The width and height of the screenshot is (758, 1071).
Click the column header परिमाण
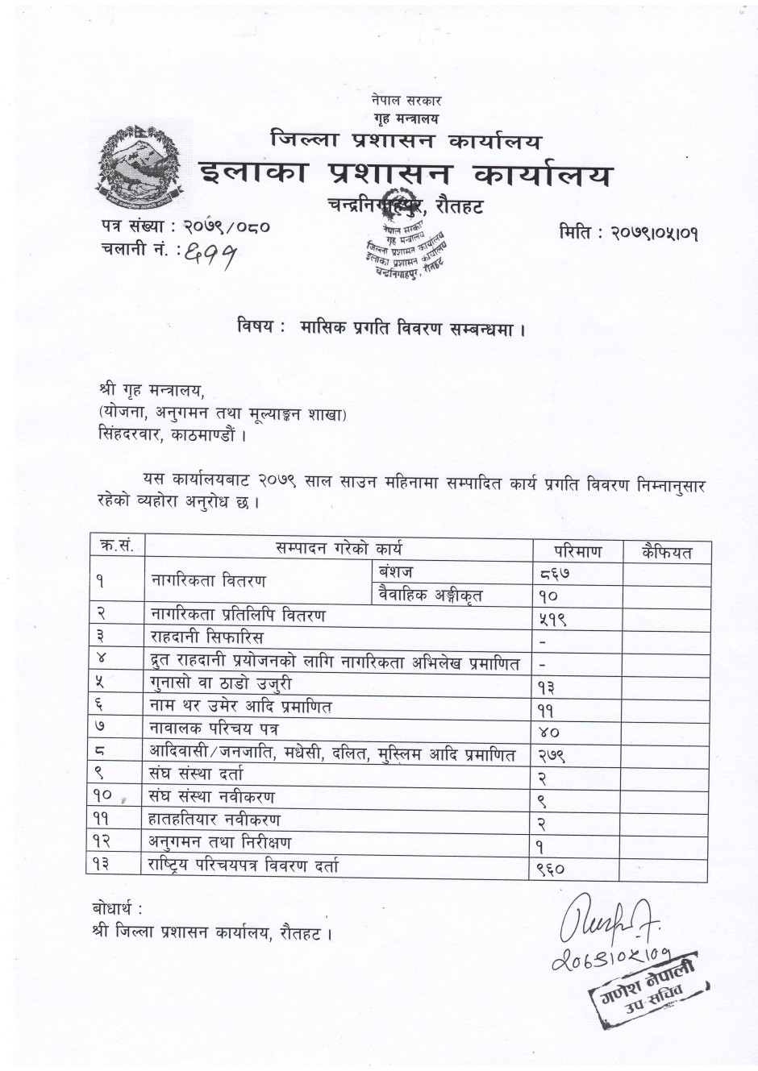point(577,551)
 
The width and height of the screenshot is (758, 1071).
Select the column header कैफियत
point(666,551)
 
